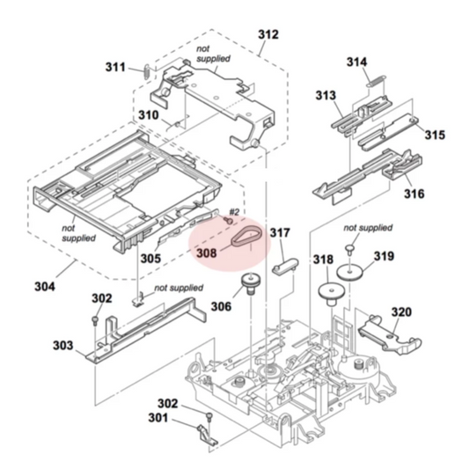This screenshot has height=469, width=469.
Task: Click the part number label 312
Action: [267, 35]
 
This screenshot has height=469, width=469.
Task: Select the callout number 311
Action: [116, 67]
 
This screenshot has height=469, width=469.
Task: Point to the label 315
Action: [435, 136]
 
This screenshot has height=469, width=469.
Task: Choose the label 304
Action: [44, 287]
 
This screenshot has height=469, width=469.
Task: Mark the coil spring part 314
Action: [377, 81]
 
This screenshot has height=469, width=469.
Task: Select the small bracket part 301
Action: [204, 434]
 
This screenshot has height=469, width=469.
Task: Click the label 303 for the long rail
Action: [62, 346]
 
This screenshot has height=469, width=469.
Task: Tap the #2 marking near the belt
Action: [234, 212]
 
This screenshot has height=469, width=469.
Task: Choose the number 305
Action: [150, 259]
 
